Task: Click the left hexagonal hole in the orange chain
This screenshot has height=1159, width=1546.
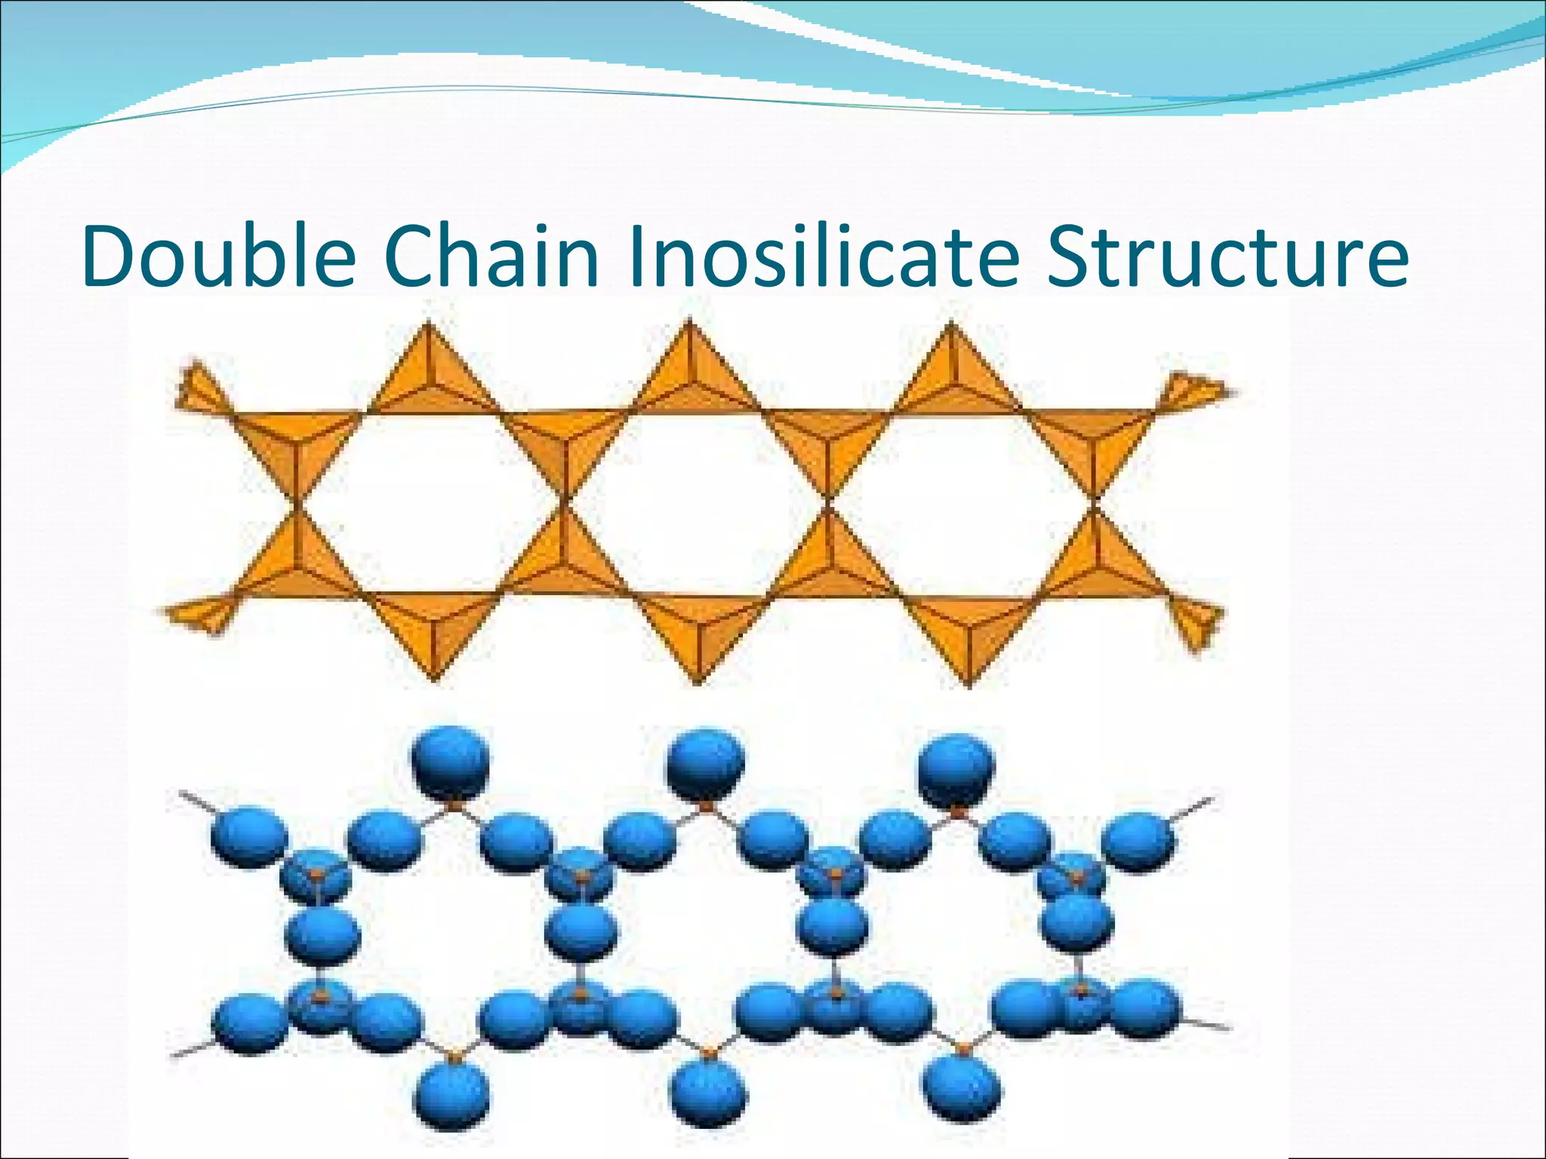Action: click(x=430, y=502)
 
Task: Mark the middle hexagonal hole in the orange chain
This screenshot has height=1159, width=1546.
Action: click(x=696, y=502)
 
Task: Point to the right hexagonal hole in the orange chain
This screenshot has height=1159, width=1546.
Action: click(x=961, y=502)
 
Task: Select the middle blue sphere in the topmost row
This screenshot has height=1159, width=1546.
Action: click(x=705, y=762)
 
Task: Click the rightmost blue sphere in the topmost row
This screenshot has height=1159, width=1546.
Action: click(x=956, y=767)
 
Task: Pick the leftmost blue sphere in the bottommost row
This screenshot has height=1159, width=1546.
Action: click(x=452, y=1094)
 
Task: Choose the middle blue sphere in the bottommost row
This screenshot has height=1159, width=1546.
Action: click(x=708, y=1094)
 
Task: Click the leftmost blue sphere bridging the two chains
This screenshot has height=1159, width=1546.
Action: click(x=322, y=936)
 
